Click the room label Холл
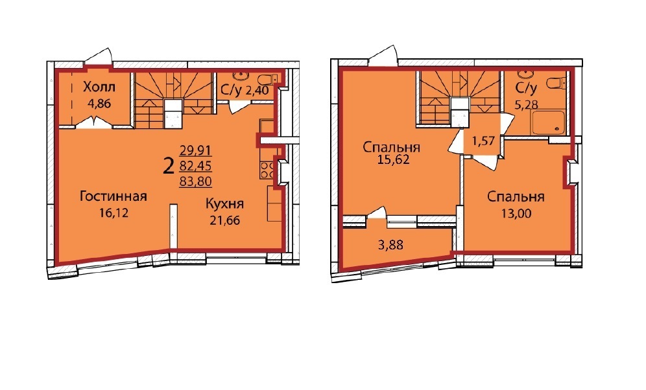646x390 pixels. point(99,87)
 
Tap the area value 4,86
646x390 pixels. point(99,103)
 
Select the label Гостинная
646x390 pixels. point(114,196)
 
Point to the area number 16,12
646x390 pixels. point(114,212)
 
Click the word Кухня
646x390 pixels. point(224,203)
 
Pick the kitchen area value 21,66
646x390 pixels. point(225,220)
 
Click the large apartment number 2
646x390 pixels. point(169,167)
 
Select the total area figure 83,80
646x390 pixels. point(196,181)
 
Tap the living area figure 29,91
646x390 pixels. point(196,150)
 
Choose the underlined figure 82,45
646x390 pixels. point(196,165)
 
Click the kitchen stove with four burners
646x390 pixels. point(267,170)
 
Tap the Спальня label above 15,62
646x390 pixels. point(391,147)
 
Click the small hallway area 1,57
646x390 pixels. point(483,142)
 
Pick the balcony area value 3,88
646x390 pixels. point(390,245)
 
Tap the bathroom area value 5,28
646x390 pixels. point(526,105)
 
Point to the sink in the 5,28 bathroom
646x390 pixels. point(526,75)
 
